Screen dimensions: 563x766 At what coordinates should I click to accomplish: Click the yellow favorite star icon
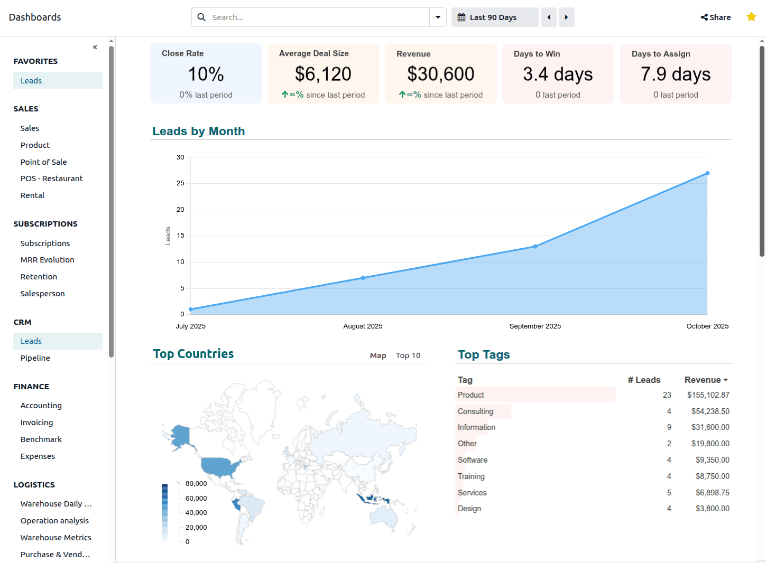pos(751,17)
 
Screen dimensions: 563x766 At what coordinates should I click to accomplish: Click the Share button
pos(716,17)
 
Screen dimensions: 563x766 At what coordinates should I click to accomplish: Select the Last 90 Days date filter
pos(494,17)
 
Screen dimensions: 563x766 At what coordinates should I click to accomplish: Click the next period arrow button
pos(566,17)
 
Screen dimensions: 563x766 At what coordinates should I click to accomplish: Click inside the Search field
pos(317,17)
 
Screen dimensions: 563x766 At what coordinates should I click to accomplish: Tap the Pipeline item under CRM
pos(35,358)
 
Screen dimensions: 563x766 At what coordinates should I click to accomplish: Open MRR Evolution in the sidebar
pos(48,260)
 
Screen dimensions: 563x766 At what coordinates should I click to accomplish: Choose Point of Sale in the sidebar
pos(44,162)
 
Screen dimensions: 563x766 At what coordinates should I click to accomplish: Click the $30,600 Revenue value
pos(441,74)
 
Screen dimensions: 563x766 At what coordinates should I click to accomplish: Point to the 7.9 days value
pos(676,74)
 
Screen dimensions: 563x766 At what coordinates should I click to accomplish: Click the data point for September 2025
pos(535,247)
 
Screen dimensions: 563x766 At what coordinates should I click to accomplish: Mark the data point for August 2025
pos(363,278)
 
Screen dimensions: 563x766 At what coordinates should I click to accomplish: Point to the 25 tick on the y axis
pos(181,183)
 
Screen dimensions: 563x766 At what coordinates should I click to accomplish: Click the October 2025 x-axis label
pos(707,326)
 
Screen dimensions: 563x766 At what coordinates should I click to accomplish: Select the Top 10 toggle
pos(408,355)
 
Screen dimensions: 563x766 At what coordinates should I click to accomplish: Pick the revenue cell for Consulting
pos(710,411)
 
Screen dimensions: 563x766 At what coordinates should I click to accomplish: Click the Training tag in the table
pos(471,476)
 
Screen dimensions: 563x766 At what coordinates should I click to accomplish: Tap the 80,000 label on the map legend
pos(196,484)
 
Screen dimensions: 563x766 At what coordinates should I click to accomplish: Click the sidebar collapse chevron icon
pos(95,47)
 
